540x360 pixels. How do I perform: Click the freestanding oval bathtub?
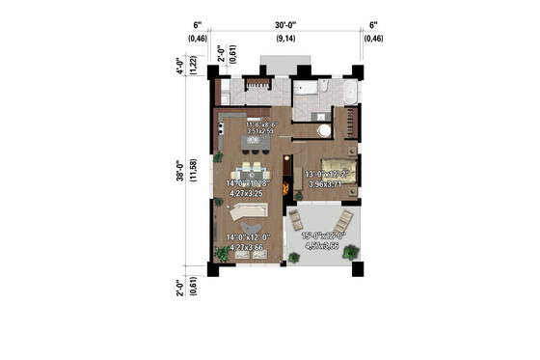[348, 94]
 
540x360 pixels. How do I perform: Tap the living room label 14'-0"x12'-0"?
[246, 240]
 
